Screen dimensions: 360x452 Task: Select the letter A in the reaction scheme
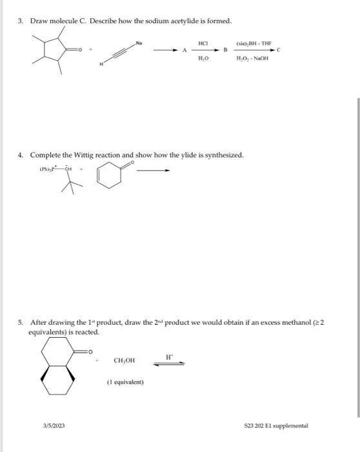tap(184, 50)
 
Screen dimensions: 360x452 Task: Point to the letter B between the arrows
tap(225, 50)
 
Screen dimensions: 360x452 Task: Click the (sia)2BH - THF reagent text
tap(254, 41)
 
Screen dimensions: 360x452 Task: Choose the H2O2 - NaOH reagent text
tap(253, 58)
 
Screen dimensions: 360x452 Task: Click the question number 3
tap(20, 22)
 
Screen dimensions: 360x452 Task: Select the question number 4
tap(20, 155)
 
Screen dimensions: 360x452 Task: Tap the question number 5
tap(20, 322)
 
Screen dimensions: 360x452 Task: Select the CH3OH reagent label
tap(125, 361)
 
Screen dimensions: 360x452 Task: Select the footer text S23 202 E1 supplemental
tap(276, 426)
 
